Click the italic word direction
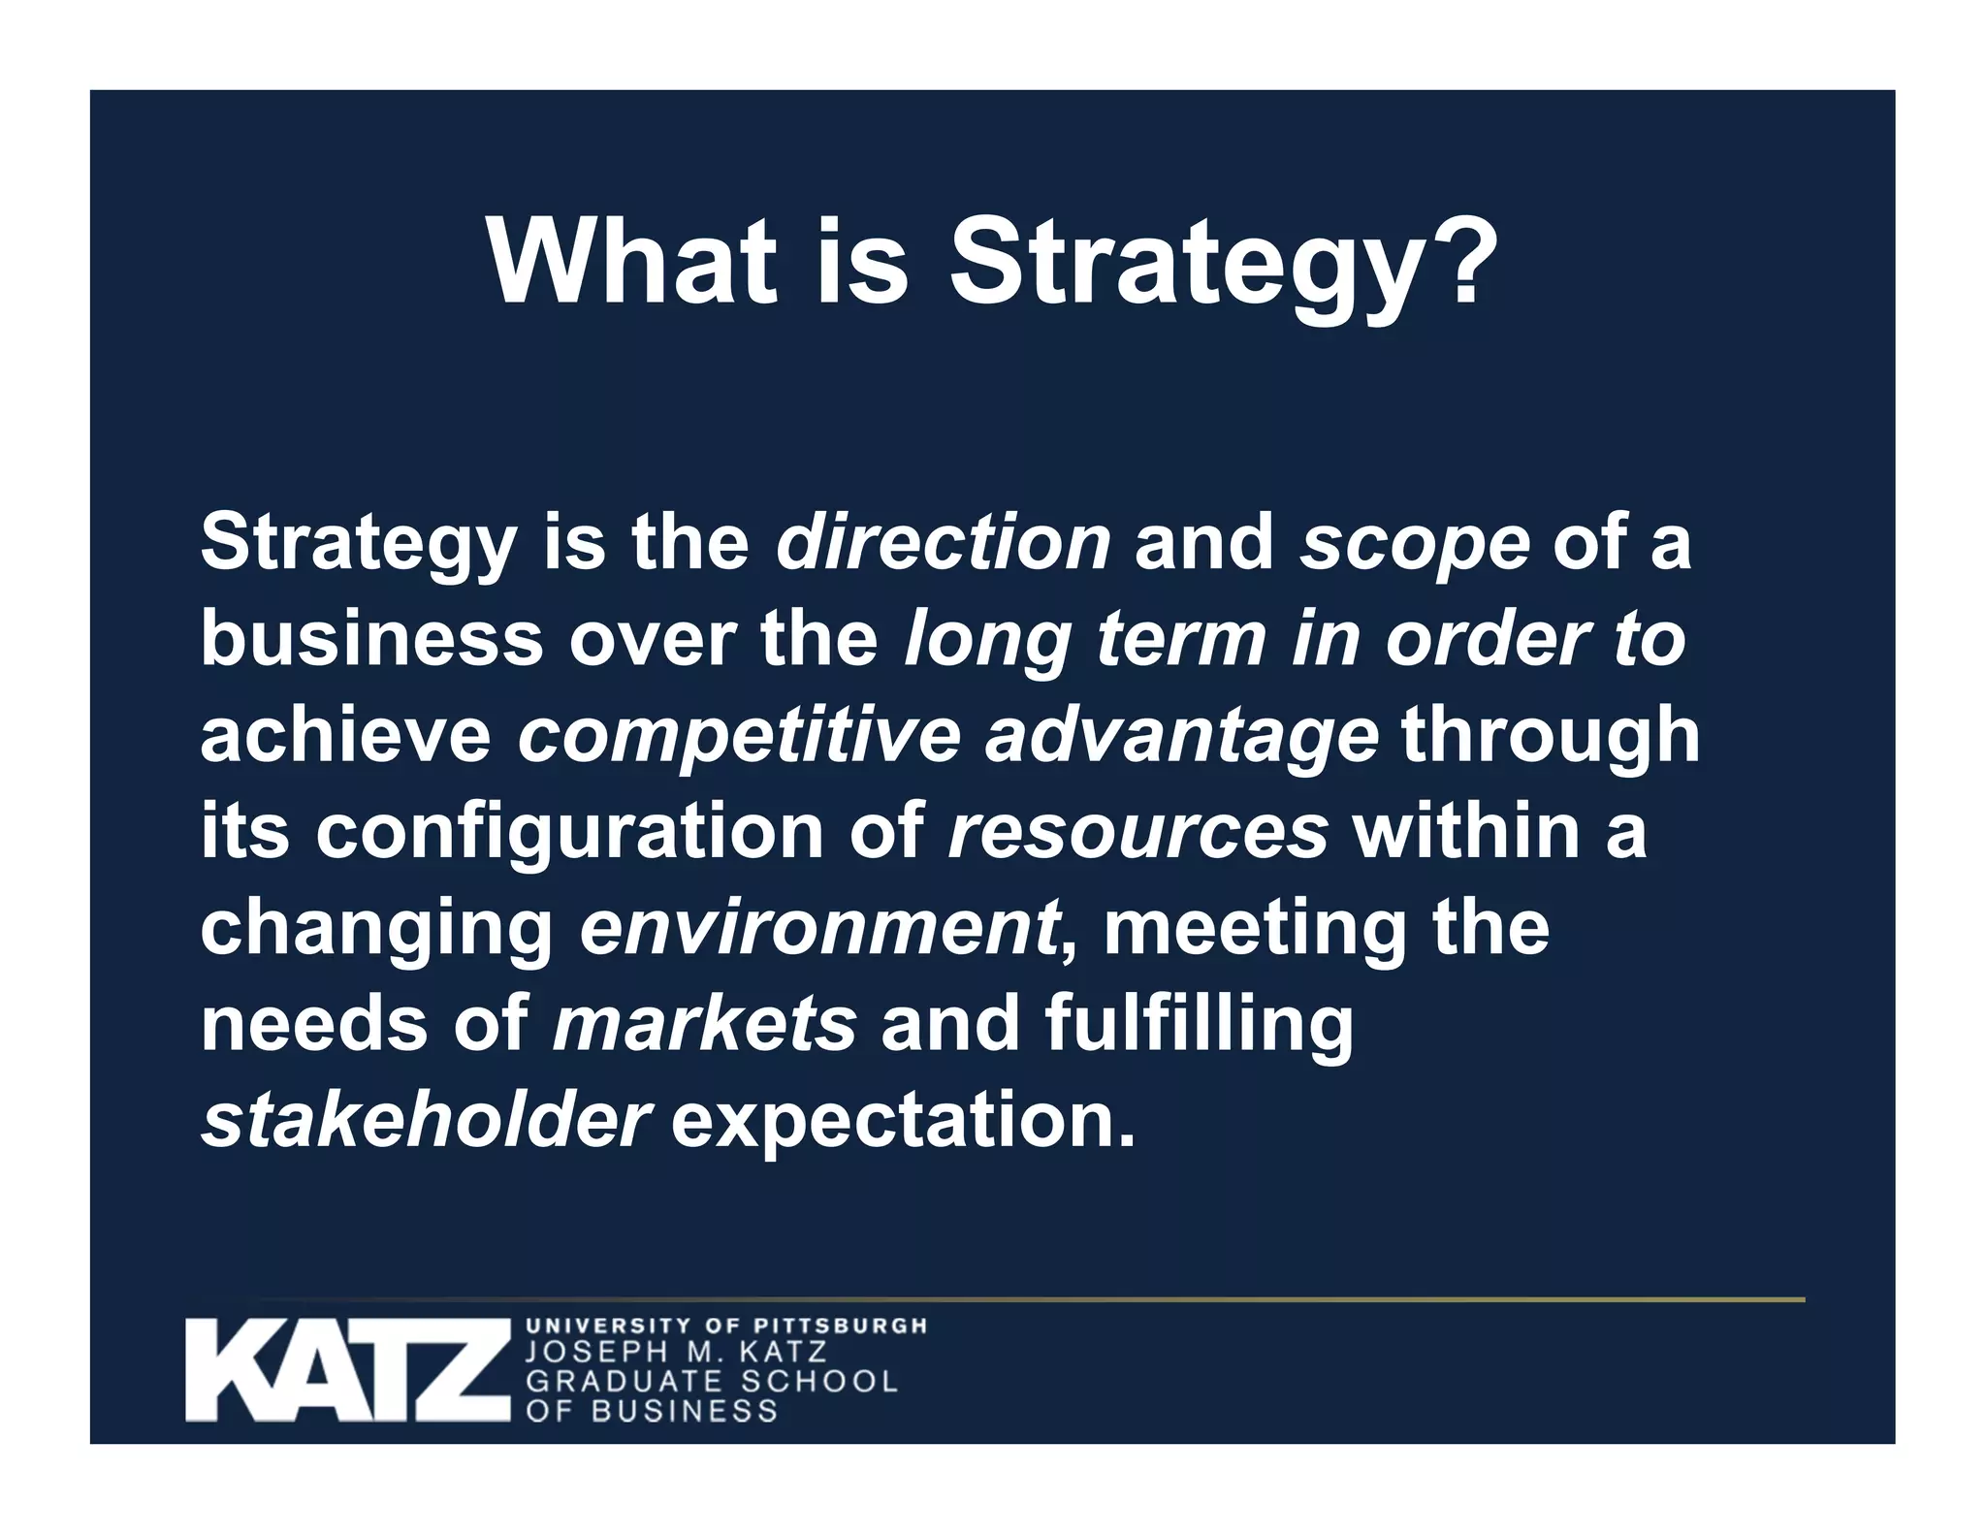click(943, 542)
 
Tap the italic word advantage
click(1180, 736)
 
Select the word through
click(1550, 736)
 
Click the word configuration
click(569, 832)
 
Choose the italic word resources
click(1137, 832)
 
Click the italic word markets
click(704, 1024)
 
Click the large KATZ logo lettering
click(347, 1369)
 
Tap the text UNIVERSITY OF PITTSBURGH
click(725, 1325)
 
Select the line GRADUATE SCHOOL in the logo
click(712, 1381)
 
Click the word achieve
click(345, 736)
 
